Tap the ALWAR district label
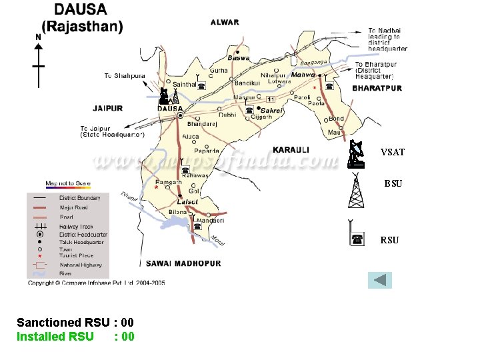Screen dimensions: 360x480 tap(225, 22)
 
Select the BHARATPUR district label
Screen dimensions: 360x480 tap(377, 88)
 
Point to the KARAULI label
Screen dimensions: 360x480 tap(291, 149)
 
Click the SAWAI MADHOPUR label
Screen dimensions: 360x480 tap(180, 263)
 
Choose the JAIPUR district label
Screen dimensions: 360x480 tap(107, 108)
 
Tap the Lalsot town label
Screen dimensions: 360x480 tap(187, 202)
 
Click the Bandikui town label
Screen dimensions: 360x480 tap(247, 83)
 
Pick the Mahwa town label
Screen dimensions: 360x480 tap(303, 75)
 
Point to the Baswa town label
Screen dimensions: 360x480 tap(239, 58)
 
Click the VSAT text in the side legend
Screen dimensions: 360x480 tap(392, 152)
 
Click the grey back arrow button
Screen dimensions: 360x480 tap(380, 279)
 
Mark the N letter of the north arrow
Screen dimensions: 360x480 tap(38, 37)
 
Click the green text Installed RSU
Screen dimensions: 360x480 tap(55, 336)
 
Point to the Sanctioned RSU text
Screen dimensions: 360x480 tap(63, 322)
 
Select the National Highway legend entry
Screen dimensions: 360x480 tap(80, 265)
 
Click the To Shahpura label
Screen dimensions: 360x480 tap(124, 76)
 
